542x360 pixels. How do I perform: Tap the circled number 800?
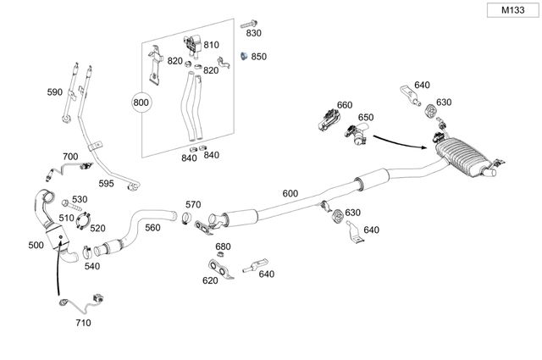tap(141, 103)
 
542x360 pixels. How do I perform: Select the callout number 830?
tap(253, 32)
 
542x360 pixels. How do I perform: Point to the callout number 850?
tap(258, 56)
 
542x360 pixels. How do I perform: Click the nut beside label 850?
tap(241, 57)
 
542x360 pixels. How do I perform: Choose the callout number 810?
tap(211, 45)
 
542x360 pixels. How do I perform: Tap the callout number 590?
tap(55, 91)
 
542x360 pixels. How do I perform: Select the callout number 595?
tap(106, 183)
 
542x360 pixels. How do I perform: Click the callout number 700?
tap(70, 157)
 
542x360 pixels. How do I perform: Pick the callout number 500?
tap(36, 245)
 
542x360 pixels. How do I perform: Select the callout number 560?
tap(152, 227)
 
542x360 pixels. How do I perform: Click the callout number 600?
tap(290, 193)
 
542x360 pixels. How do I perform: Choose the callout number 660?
tap(345, 105)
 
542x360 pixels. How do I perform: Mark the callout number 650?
tap(366, 118)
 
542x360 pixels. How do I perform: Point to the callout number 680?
tap(223, 246)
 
